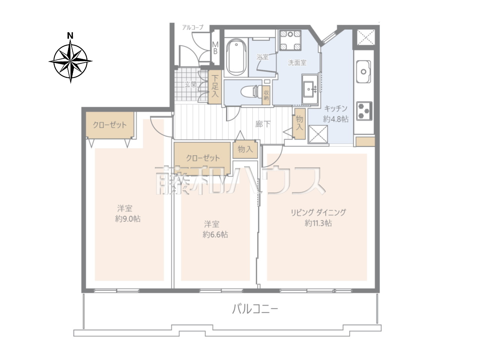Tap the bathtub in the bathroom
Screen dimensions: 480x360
pos(236,57)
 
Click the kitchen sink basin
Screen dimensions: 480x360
pos(363,72)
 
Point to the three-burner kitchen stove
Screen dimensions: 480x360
pos(364,111)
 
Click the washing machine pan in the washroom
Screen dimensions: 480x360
pos(290,40)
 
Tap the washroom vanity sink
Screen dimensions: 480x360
pos(310,89)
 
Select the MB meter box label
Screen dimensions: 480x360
pos(215,48)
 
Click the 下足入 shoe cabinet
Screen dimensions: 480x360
pos(215,87)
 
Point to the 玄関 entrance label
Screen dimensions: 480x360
pos(190,84)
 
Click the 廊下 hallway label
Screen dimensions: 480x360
pos(262,124)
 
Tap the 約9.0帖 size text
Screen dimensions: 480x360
pos(128,219)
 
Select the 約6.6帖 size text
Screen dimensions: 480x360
pos(215,234)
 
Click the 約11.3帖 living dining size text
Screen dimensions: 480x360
pos(318,223)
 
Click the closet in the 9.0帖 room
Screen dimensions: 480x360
pos(110,125)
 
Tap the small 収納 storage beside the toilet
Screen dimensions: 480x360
pos(266,95)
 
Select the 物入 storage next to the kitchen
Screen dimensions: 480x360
pos(300,124)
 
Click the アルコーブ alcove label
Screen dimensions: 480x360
pos(193,27)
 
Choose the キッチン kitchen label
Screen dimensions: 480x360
pos(336,108)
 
